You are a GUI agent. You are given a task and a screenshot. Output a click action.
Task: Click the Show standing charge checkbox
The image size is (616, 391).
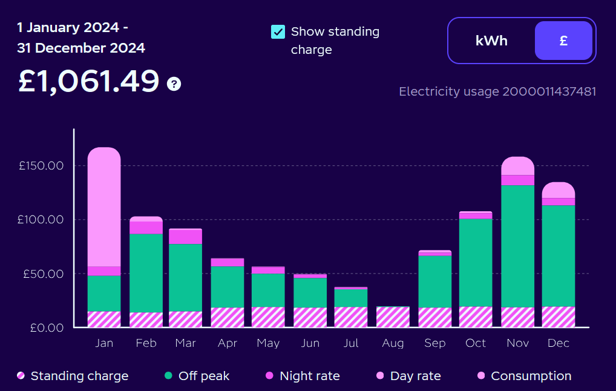[x=278, y=32]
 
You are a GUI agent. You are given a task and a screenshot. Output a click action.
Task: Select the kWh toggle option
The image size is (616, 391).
[x=491, y=41]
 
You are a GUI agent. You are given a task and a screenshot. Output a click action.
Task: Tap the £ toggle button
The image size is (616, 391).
[x=563, y=41]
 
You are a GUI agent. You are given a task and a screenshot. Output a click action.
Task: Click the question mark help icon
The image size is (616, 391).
[x=174, y=84]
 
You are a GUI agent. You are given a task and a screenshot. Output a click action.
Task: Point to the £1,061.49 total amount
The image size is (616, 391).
[x=88, y=81]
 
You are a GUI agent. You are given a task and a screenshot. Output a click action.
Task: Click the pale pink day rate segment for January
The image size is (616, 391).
[x=104, y=206]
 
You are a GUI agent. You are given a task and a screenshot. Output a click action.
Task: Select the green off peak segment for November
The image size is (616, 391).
[x=518, y=246]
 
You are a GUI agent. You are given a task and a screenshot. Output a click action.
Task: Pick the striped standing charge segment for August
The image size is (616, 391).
[x=393, y=317]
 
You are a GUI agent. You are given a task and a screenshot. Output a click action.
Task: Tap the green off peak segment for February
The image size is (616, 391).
[x=146, y=272]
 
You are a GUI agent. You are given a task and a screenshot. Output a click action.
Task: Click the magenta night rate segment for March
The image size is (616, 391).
[x=185, y=237]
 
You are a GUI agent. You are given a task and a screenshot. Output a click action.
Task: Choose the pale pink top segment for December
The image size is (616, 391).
[x=558, y=190]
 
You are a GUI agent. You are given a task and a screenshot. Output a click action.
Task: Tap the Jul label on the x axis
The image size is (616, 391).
[x=351, y=343]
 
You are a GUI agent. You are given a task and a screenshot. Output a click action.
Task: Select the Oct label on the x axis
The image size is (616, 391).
[x=476, y=343]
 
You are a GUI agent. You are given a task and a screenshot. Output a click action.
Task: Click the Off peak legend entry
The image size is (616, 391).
[x=197, y=376]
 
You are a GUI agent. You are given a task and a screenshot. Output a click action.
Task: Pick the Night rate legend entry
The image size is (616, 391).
[x=301, y=376]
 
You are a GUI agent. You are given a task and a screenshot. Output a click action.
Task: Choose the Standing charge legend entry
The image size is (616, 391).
[x=73, y=376]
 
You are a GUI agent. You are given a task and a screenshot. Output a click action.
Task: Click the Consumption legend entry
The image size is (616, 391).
[x=523, y=376]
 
